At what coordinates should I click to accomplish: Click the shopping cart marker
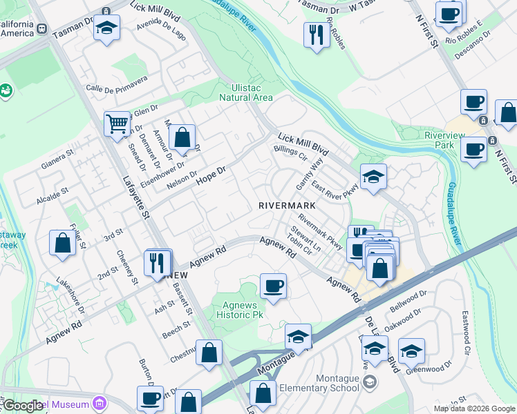click(117, 124)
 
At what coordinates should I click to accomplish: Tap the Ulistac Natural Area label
click(245, 92)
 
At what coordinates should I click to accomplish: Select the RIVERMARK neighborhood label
click(287, 206)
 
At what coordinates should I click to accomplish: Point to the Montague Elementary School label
click(341, 384)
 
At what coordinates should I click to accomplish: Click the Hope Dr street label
click(211, 175)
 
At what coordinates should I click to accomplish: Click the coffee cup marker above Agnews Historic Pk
click(273, 286)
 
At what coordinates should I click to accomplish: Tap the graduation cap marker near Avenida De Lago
click(106, 29)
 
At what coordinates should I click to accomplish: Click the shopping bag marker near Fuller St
click(62, 243)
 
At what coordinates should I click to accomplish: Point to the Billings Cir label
click(290, 152)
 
